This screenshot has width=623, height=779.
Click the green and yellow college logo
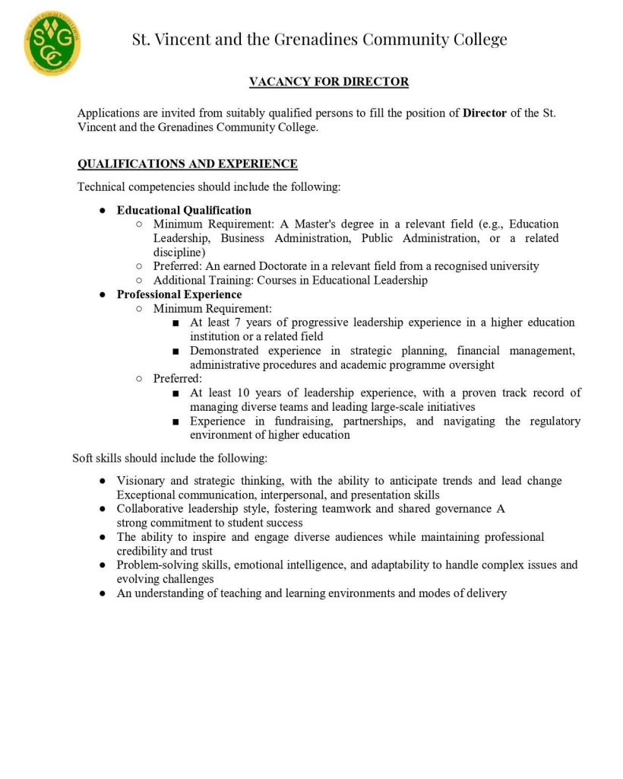pyautogui.click(x=52, y=43)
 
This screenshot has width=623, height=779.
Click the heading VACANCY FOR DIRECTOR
pyautogui.click(x=329, y=81)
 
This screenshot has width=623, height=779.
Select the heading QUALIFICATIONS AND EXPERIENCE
pyautogui.click(x=187, y=164)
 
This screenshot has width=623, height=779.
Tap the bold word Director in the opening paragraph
pyautogui.click(x=484, y=113)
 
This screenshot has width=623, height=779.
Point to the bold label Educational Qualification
pyautogui.click(x=184, y=210)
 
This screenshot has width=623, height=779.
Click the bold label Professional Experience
pyautogui.click(x=179, y=294)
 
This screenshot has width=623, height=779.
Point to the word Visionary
pyautogui.click(x=142, y=481)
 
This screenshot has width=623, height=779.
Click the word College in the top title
pyautogui.click(x=477, y=39)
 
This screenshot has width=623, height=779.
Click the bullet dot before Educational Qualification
pyautogui.click(x=101, y=211)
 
